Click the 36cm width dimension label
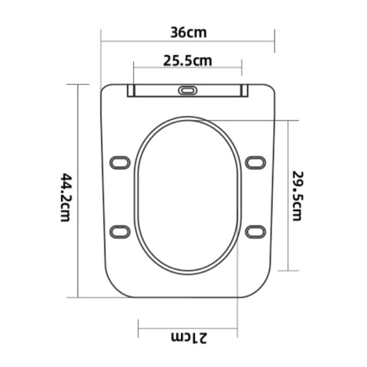point(188,33)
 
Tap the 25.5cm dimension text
point(187,60)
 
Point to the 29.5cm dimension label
point(299,195)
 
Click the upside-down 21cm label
point(187,337)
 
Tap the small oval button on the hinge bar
point(187,90)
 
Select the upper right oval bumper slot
point(255,162)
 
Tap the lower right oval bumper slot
point(255,231)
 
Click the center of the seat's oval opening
point(188,195)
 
